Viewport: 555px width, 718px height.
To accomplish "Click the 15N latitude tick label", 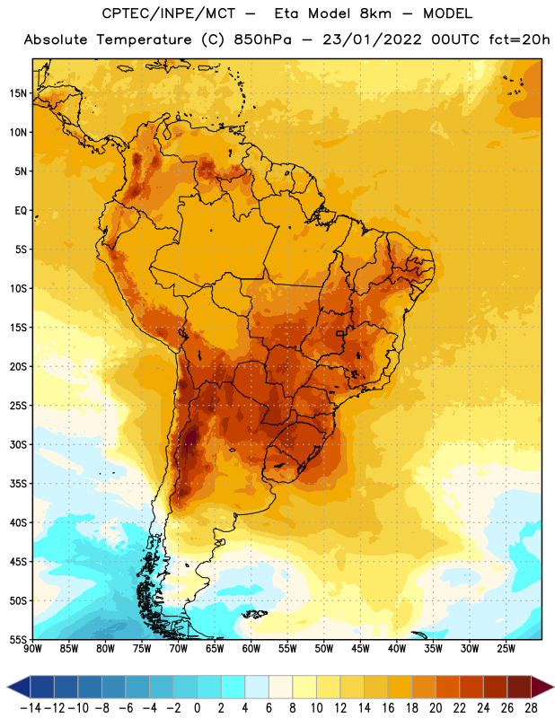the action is [18, 93].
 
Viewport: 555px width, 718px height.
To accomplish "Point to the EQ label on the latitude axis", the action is [21, 211].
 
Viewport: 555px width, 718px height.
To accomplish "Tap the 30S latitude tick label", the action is [18, 444].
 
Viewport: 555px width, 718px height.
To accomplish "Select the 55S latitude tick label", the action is [18, 640].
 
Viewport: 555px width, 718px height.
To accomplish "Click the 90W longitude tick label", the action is [33, 649].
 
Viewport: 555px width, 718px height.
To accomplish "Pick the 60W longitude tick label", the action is [251, 649].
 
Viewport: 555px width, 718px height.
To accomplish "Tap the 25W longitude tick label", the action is [506, 649].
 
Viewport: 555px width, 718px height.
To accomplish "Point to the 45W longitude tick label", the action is [360, 649].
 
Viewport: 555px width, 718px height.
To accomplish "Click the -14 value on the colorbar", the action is [31, 708].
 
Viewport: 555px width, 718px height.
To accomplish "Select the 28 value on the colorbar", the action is [531, 708].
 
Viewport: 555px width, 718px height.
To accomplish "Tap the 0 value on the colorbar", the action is [198, 708].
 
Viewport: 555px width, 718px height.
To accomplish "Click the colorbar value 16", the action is [388, 708].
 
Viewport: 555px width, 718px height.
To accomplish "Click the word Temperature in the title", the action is [144, 39].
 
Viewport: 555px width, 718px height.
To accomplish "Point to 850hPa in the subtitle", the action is [262, 39].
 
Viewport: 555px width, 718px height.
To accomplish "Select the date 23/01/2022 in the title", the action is [372, 39].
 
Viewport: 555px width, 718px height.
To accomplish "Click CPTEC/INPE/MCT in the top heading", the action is [169, 13].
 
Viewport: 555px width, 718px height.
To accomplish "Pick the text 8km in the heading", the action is [375, 13].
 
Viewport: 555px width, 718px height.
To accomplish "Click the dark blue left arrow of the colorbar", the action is [19, 687].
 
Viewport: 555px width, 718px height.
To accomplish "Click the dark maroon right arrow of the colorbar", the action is [542, 687].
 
